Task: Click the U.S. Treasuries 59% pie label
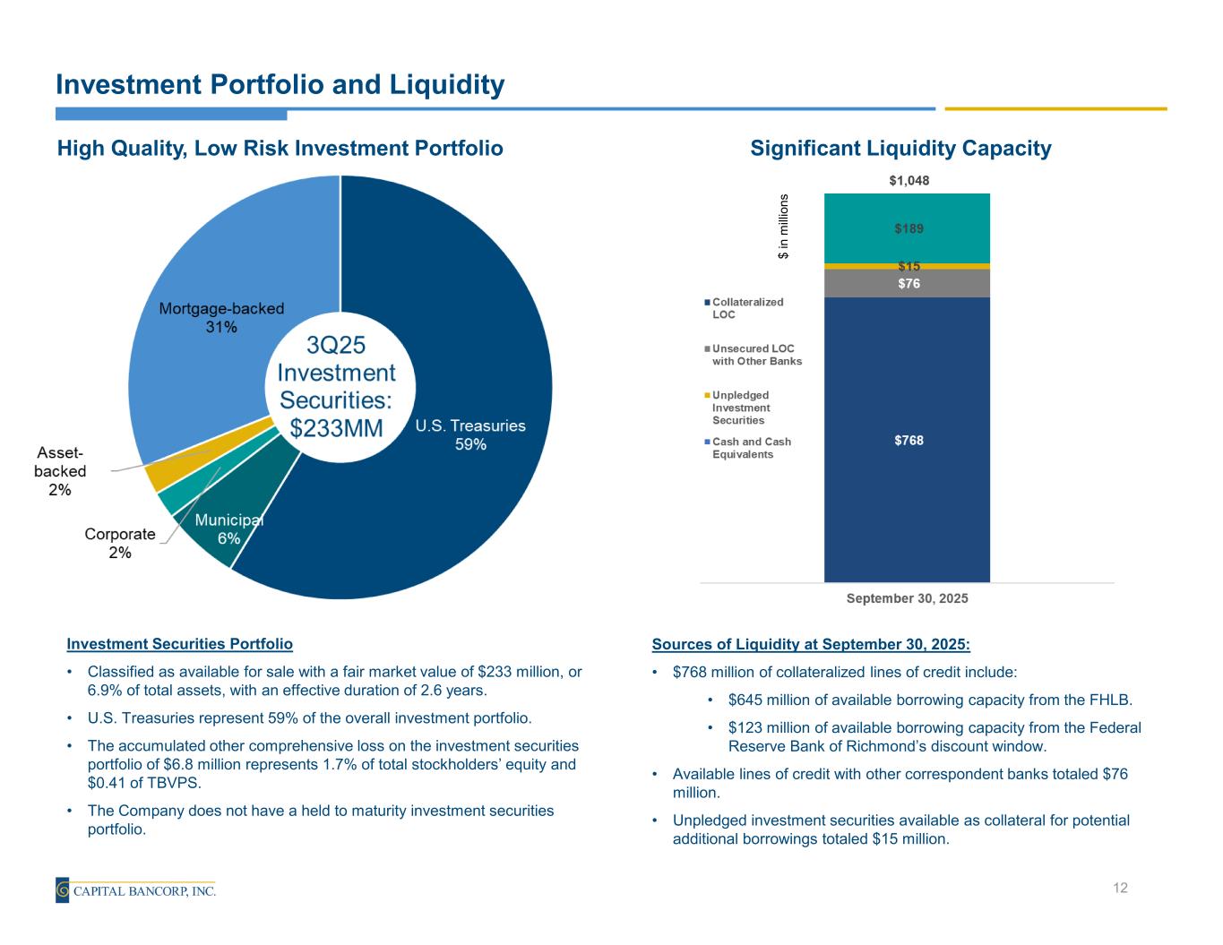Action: tap(470, 434)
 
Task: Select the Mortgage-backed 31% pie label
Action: tap(221, 318)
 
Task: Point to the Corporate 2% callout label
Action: tap(120, 544)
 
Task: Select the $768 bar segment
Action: tap(908, 440)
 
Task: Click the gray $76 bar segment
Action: tap(908, 284)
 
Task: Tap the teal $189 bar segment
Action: tap(908, 228)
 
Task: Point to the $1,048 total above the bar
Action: tap(909, 181)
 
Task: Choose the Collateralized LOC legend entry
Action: tap(747, 308)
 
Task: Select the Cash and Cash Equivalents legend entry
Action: tap(751, 448)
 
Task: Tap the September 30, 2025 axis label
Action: tap(907, 598)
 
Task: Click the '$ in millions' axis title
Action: tap(784, 228)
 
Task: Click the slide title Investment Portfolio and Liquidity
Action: tap(280, 85)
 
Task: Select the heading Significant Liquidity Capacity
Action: tap(900, 149)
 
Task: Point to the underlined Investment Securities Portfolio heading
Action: tap(180, 644)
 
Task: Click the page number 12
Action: tap(1120, 888)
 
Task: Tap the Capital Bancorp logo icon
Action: tap(63, 890)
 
